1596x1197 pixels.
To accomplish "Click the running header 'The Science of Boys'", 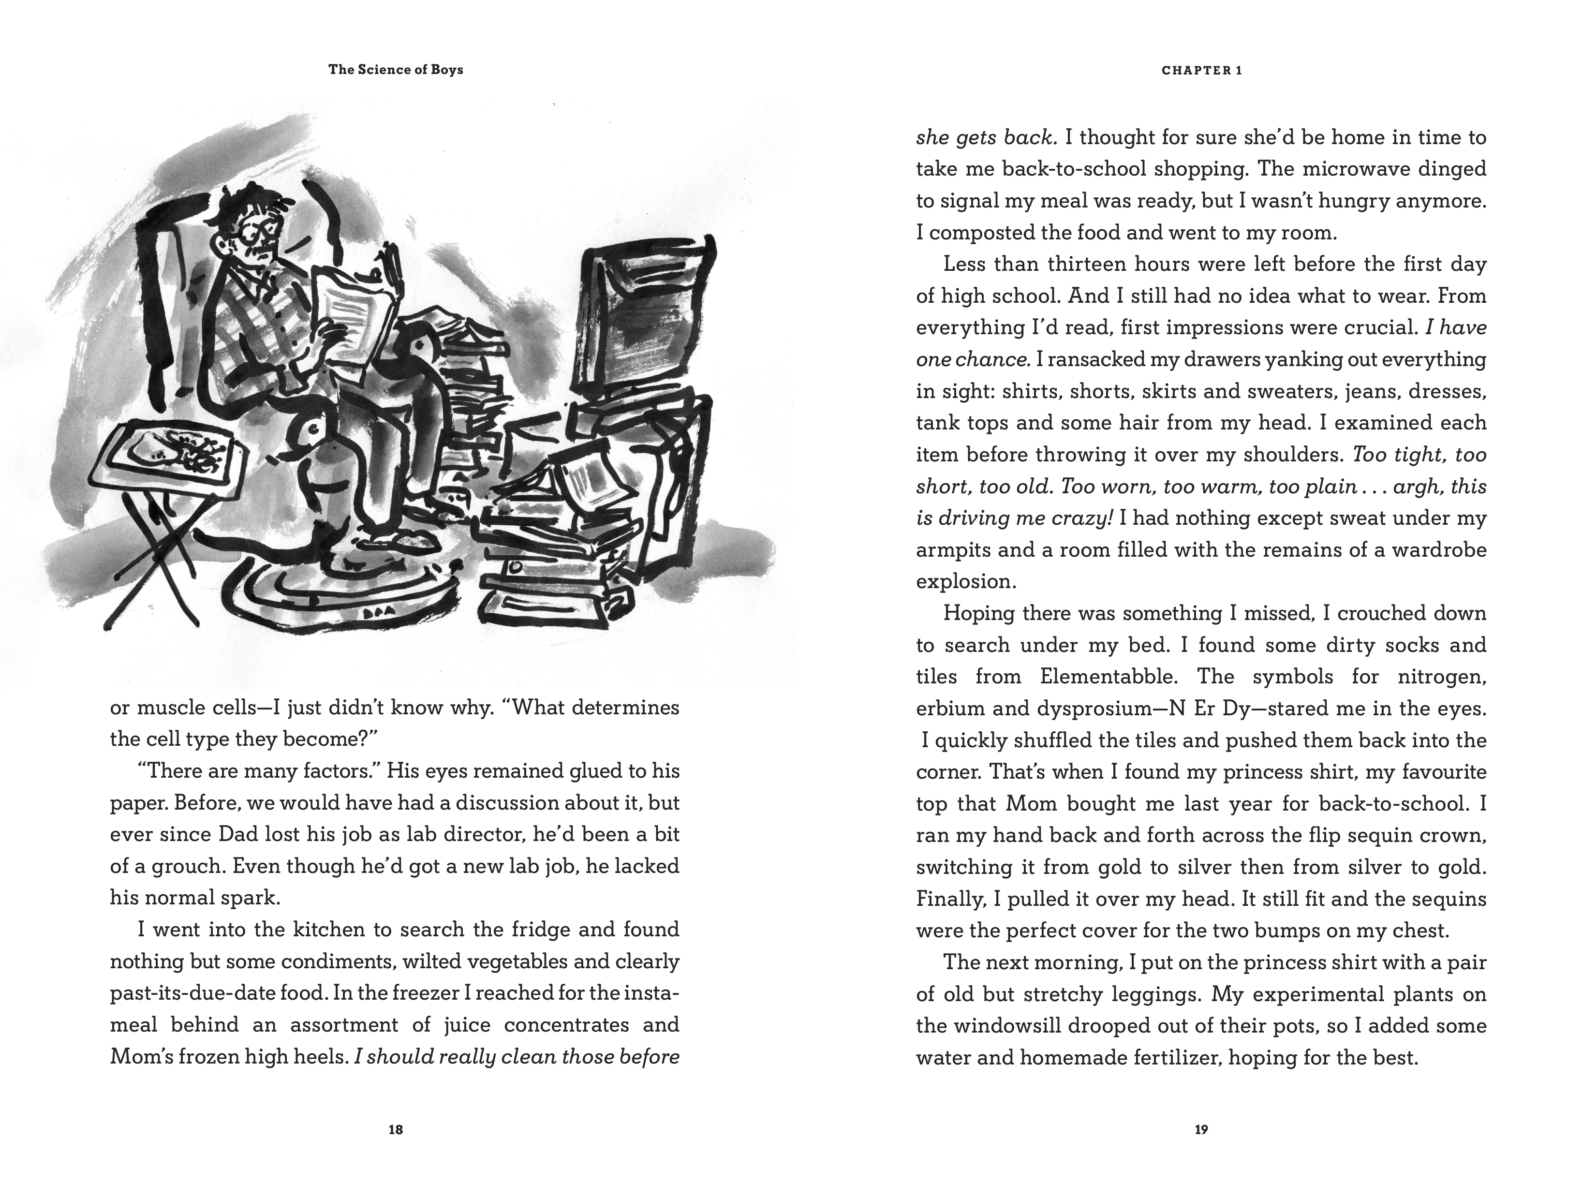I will (396, 70).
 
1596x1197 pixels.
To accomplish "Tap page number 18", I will (396, 1130).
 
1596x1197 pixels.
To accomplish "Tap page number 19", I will (1200, 1130).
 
